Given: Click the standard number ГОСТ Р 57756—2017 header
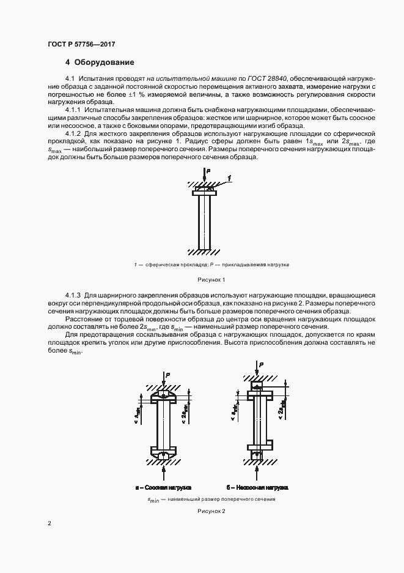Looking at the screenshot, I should [81, 44].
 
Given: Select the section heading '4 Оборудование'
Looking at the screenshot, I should [99, 62].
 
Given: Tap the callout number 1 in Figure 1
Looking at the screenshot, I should [228, 178].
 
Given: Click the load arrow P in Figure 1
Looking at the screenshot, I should [203, 178].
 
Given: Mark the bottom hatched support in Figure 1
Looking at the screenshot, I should [202, 252].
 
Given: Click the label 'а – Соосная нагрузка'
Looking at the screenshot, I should [163, 488].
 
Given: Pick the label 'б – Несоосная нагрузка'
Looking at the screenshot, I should [257, 488].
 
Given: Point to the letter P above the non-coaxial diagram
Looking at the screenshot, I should [262, 365].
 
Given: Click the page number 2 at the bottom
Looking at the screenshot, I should [50, 523].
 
